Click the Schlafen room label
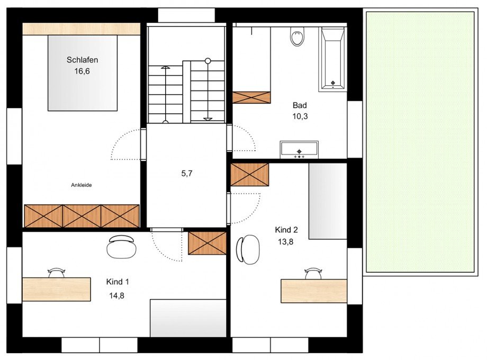82,59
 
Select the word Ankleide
82,185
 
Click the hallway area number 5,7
186,173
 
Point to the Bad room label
300,105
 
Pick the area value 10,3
300,116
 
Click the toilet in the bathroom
297,37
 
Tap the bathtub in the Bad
332,58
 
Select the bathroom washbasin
299,149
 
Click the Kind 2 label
286,230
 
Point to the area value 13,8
286,241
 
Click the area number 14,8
117,295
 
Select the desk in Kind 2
313,291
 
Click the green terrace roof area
420,142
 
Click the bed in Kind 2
327,201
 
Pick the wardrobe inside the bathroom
251,97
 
